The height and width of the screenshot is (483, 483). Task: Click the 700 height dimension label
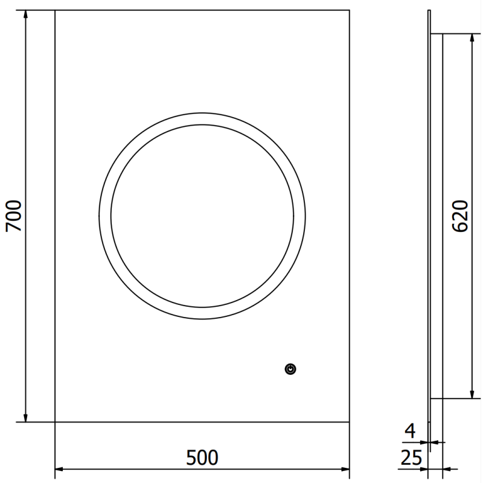(x=13, y=216)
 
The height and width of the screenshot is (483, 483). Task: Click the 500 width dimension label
(x=202, y=458)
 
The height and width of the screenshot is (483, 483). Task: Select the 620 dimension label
(x=460, y=216)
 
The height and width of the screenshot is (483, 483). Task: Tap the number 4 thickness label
(x=410, y=431)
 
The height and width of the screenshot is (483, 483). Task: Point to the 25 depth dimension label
(x=410, y=458)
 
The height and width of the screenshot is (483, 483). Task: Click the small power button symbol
(x=291, y=368)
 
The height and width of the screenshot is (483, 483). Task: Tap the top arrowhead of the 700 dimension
(x=25, y=14)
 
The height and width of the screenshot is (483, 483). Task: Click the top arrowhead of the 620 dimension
(x=472, y=38)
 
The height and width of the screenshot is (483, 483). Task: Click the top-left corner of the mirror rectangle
(x=55, y=10)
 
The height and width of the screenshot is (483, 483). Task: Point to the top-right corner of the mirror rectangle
(x=350, y=10)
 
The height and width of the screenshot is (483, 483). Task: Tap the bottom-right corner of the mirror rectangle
(x=350, y=422)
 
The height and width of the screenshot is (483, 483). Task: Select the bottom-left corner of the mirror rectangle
(x=55, y=422)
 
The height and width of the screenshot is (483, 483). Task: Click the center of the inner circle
(x=202, y=216)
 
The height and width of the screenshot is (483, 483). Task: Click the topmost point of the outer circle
(x=202, y=112)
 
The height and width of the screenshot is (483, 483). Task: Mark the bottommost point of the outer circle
(x=202, y=319)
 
